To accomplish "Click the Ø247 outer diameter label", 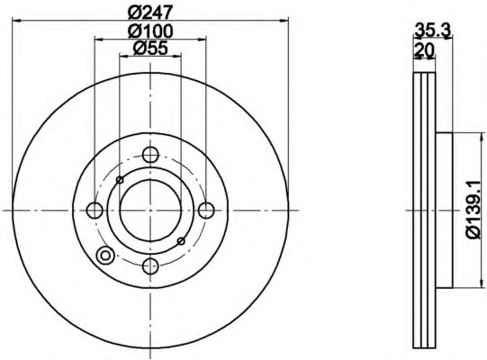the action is [x=150, y=12].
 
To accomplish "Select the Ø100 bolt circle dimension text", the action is [x=150, y=31].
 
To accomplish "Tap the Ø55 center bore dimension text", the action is [x=150, y=48].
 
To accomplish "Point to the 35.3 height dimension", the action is [x=433, y=31].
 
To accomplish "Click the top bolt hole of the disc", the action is [x=150, y=155].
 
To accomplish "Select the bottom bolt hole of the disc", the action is [x=150, y=266].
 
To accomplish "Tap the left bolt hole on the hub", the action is [x=95, y=211].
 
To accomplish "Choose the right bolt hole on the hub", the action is [x=206, y=211].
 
